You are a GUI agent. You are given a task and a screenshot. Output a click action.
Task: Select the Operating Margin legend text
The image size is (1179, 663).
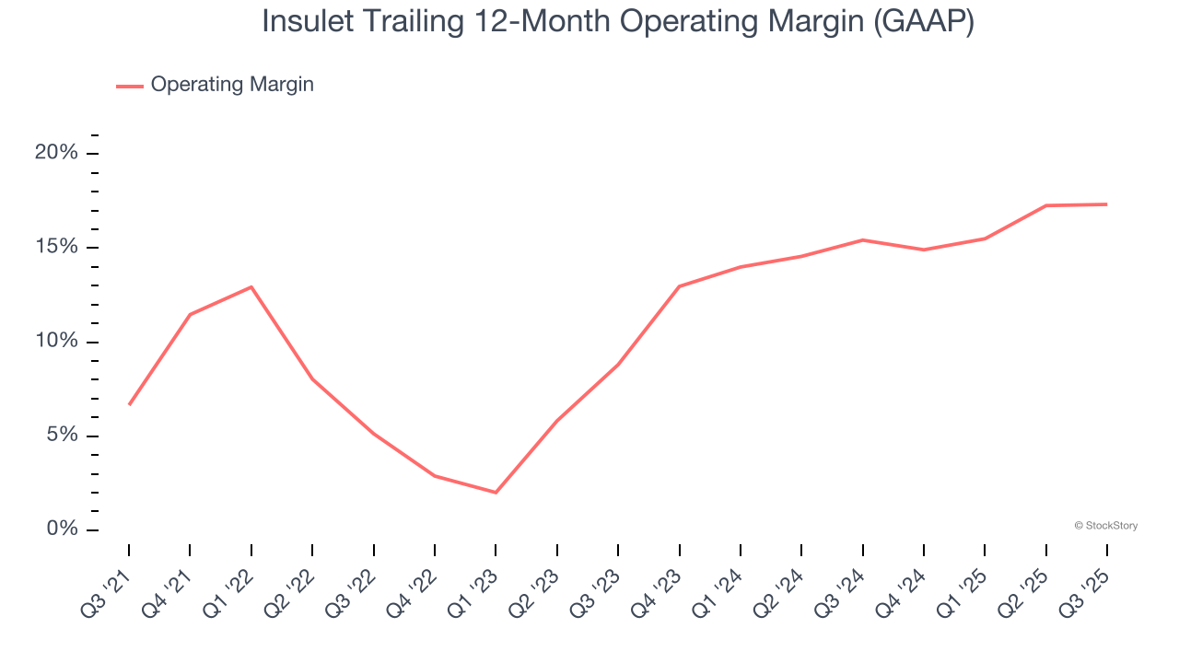click(x=232, y=85)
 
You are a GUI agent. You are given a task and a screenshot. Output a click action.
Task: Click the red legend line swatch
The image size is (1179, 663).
click(x=130, y=86)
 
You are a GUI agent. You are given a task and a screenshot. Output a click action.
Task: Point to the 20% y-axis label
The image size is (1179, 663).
click(x=56, y=153)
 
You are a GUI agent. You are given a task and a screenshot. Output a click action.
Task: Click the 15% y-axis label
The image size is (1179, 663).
click(x=56, y=247)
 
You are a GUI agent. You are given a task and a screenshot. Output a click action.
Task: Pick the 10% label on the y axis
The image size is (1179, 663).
click(x=56, y=341)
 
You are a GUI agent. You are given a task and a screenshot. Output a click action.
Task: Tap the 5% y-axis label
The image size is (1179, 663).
click(x=62, y=435)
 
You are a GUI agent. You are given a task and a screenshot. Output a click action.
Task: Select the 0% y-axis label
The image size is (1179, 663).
click(x=62, y=529)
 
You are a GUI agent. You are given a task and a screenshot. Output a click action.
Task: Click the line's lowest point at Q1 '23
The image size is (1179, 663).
click(x=496, y=493)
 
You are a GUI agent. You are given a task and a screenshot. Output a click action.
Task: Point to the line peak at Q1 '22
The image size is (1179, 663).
click(x=251, y=286)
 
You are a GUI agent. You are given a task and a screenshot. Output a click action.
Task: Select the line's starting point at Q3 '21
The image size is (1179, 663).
click(x=129, y=404)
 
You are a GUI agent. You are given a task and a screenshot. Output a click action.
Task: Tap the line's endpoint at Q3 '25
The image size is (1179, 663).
click(x=1106, y=204)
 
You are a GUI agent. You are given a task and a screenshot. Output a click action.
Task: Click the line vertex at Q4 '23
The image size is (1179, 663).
click(x=679, y=286)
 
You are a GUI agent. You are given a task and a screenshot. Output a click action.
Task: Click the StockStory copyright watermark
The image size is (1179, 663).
click(x=1105, y=526)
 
